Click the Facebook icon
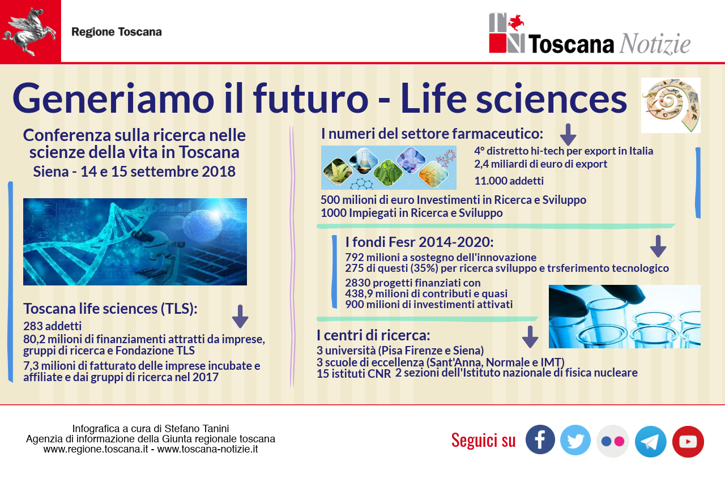tap(540, 440)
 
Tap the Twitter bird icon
tap(575, 440)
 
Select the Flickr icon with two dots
tap(613, 441)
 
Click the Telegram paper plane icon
tap(651, 442)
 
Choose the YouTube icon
tap(688, 442)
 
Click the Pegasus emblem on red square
tap(30, 31)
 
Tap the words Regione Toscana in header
tap(117, 32)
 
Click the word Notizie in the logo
tap(655, 44)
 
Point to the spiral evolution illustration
tap(671, 105)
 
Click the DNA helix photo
tap(135, 242)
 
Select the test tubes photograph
tap(625, 317)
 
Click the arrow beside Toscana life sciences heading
tap(240, 317)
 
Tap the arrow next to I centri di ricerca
tap(530, 337)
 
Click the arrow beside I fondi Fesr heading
tap(658, 246)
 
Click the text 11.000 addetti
tap(509, 181)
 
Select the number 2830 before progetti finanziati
tap(357, 283)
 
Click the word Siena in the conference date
tap(51, 172)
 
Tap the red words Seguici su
tap(484, 441)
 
